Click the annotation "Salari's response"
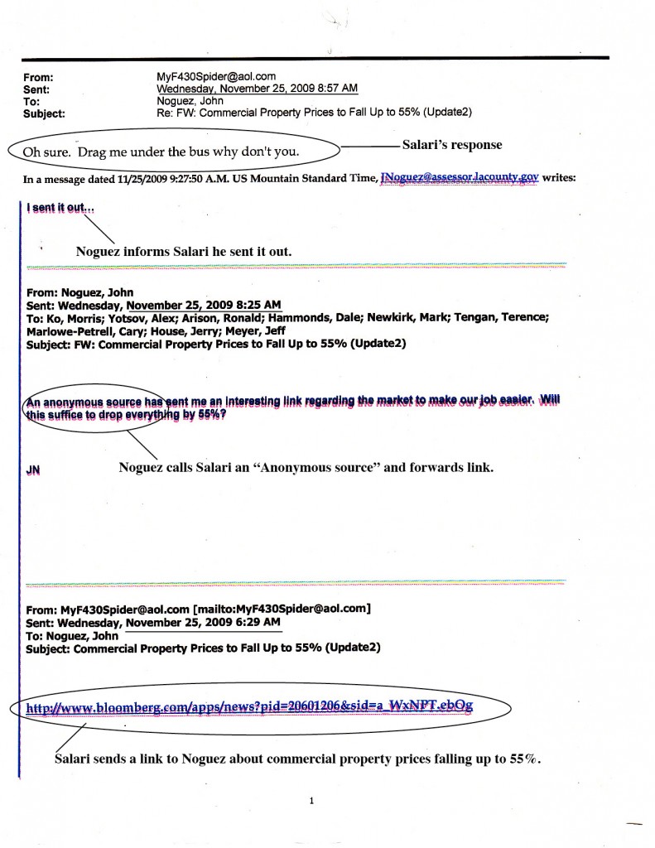point(452,145)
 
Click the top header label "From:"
point(37,77)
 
